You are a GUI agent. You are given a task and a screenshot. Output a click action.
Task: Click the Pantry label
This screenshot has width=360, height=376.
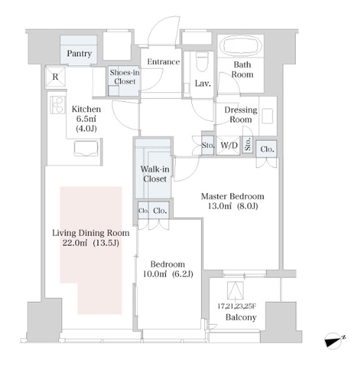point(79,54)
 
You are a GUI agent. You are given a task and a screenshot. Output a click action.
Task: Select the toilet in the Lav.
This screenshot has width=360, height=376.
point(202,62)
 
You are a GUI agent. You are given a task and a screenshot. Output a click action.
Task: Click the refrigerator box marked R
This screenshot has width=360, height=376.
point(55,76)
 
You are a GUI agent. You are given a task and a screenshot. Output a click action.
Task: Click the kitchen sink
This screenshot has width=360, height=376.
point(86,149)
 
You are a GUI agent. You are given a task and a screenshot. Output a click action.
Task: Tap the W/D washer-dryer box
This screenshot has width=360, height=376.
point(228,145)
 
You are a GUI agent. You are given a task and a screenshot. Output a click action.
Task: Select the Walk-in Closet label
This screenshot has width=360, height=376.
point(155,174)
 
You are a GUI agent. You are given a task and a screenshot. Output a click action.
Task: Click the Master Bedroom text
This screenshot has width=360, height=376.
point(233,196)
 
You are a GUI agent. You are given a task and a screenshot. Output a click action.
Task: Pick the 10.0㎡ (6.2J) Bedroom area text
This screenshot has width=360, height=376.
point(168,274)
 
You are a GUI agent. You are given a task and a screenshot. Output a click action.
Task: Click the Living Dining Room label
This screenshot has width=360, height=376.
point(91,233)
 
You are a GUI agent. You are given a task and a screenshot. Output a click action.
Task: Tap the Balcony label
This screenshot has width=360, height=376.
point(241,317)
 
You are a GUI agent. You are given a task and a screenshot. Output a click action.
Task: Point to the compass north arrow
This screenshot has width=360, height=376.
point(334,340)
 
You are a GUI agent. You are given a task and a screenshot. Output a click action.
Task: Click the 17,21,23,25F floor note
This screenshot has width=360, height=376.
point(237,306)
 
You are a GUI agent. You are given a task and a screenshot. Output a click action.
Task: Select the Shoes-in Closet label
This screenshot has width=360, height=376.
point(125,77)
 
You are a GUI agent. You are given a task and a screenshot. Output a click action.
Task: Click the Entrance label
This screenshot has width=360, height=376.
point(163,62)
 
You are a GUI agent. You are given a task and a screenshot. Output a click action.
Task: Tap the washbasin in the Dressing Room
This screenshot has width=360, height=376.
point(267,116)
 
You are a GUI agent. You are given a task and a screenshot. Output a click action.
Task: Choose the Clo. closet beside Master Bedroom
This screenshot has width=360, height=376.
point(267,149)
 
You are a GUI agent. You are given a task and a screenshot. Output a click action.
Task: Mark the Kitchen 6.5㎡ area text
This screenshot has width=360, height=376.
point(86,119)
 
